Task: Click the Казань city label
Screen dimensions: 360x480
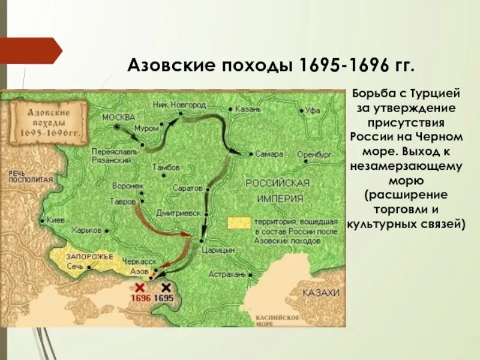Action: [x=248, y=110]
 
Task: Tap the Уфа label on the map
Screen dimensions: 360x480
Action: [x=313, y=110]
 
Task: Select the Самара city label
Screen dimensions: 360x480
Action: [x=268, y=154]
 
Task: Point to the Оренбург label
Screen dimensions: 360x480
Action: [x=315, y=154]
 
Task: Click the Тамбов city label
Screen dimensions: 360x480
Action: [x=166, y=167]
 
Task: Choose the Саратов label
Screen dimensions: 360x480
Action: [x=188, y=188]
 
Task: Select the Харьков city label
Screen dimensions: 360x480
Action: [x=85, y=230]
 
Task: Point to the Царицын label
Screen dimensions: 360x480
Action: [x=218, y=250]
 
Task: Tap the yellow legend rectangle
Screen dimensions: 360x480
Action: [x=239, y=222]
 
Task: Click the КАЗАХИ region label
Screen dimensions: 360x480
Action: [x=320, y=292]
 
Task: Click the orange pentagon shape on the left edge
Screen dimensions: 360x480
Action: [x=30, y=50]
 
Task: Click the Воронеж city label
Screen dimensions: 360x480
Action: [x=128, y=187]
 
